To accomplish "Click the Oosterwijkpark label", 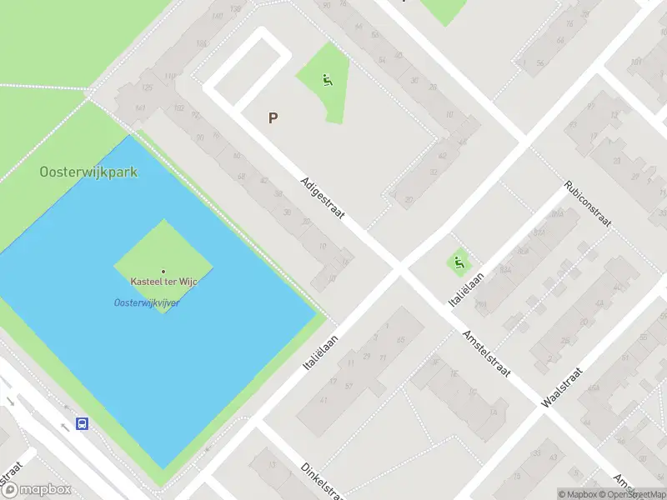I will (88, 172).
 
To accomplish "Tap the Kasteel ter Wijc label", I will (163, 282).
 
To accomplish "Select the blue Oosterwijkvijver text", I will (147, 302).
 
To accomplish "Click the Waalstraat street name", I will (559, 386).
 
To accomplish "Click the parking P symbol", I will (273, 118).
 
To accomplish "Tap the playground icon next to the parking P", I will (328, 81).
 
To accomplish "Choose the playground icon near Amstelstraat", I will (458, 264).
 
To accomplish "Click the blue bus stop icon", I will (83, 424).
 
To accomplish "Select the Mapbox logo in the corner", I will (37, 490).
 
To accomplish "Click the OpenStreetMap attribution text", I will (635, 494).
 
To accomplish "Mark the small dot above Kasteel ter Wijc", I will (163, 271).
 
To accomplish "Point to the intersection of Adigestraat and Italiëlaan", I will (399, 268).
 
